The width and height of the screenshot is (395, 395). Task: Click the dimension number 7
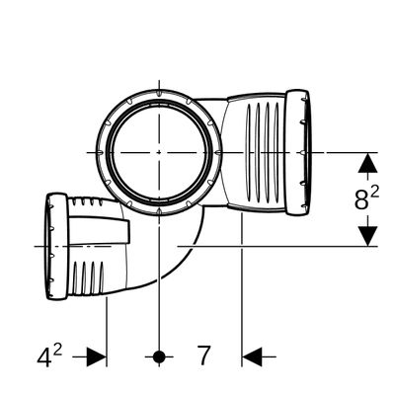tap(203, 355)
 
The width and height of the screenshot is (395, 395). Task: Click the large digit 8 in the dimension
tap(361, 199)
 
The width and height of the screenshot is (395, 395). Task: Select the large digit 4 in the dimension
tap(43, 357)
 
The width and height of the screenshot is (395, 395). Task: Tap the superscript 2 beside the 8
tap(374, 192)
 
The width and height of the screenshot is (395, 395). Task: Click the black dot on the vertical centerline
tap(159, 356)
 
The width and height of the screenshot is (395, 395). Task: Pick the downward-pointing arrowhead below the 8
tap(367, 236)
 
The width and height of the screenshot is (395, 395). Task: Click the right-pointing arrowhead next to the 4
tap(96, 356)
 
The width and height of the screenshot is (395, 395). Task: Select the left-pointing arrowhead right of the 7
tap(252, 356)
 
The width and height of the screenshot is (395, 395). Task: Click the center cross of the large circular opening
tap(159, 152)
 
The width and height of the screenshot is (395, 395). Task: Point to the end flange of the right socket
tap(297, 152)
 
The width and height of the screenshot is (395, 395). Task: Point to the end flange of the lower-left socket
tap(56, 246)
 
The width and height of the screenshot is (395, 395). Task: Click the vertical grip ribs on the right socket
tap(263, 152)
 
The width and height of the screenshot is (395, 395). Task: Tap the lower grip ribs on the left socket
tap(88, 277)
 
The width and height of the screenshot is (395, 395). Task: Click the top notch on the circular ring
tap(159, 93)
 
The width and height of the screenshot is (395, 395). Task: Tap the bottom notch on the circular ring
tap(159, 211)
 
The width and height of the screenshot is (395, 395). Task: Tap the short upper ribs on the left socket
tap(87, 200)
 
